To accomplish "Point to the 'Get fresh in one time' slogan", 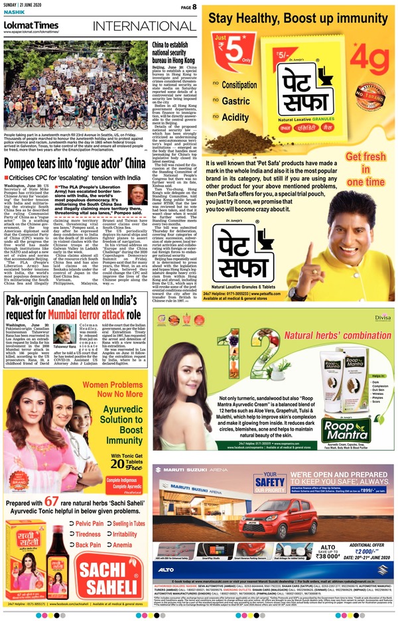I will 365,169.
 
